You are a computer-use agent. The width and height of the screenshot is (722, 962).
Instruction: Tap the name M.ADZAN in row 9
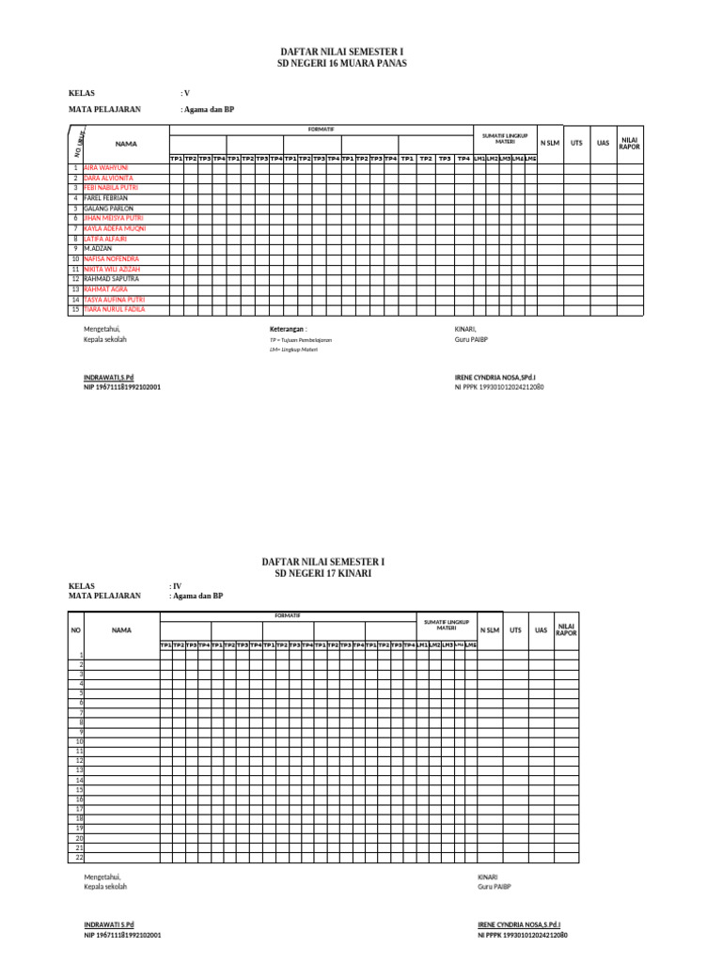(98, 248)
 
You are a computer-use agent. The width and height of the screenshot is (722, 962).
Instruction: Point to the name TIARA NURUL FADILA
(114, 309)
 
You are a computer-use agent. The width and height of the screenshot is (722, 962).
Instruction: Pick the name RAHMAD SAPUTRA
(111, 279)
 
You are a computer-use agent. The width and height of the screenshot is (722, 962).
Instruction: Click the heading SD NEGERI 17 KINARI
(322, 572)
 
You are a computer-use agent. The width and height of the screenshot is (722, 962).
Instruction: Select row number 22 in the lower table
(80, 857)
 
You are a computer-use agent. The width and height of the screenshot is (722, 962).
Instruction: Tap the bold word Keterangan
(287, 329)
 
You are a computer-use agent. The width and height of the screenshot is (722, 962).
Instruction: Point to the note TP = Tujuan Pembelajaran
(300, 340)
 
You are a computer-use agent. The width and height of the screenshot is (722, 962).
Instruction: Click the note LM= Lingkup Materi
(293, 349)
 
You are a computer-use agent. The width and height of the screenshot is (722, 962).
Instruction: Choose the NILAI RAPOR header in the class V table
(630, 143)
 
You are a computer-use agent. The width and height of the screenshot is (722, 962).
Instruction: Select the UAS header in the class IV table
(541, 630)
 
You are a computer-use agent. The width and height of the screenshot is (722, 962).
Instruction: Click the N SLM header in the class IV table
(490, 630)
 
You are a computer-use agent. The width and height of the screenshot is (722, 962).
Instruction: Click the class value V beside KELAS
(185, 93)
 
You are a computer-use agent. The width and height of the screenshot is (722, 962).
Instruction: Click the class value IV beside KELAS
(175, 585)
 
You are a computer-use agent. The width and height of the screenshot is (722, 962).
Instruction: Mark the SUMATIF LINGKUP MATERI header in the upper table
(505, 138)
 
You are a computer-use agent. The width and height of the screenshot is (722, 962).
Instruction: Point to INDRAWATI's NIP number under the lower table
(121, 935)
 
